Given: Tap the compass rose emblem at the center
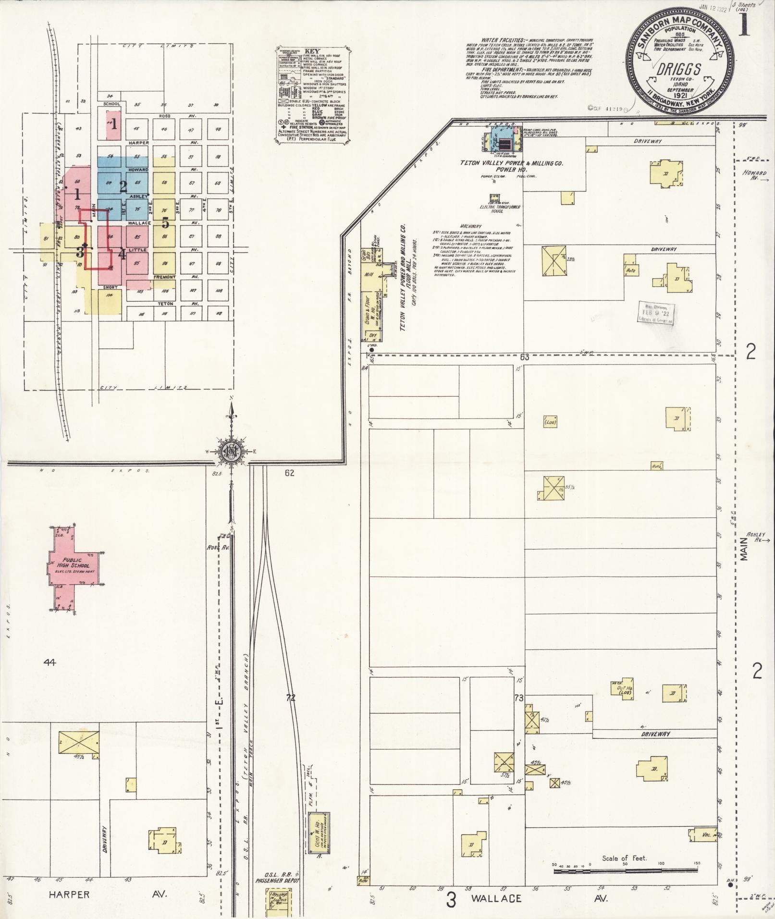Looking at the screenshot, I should [x=231, y=452].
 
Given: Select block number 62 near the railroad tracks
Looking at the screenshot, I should [x=289, y=473].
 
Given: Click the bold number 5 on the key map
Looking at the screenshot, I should [x=165, y=223].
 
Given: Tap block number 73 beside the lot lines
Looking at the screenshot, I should [x=518, y=698].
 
